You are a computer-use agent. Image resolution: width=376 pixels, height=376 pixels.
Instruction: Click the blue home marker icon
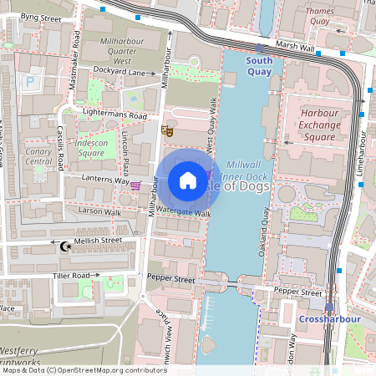(x=188, y=180)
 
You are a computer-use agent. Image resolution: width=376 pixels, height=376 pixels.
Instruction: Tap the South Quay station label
(x=259, y=66)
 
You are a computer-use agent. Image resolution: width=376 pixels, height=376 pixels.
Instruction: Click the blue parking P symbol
(x=31, y=82)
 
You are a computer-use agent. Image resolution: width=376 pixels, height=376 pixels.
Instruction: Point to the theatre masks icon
(x=168, y=130)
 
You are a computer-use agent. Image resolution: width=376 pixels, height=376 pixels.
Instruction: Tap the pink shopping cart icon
(x=135, y=185)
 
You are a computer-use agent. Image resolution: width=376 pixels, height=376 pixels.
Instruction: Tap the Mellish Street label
(x=98, y=241)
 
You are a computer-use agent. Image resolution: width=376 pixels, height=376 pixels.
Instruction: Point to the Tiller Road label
(x=70, y=275)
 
